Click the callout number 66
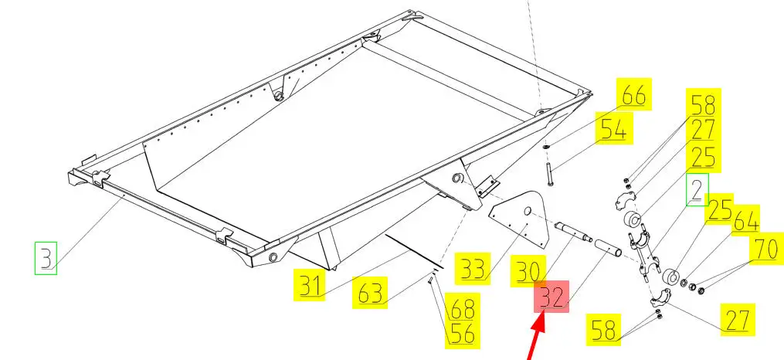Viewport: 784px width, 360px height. (x=633, y=94)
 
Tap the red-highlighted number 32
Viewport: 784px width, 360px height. (x=552, y=296)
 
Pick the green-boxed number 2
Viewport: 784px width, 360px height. (x=697, y=189)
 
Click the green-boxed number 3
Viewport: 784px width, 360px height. (x=46, y=258)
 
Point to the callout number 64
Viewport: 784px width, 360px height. (x=745, y=220)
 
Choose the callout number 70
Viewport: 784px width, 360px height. (x=765, y=248)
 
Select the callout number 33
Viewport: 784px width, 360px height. (x=473, y=269)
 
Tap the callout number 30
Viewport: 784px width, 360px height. (x=528, y=271)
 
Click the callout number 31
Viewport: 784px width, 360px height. (x=310, y=285)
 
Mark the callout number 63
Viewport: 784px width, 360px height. (x=369, y=293)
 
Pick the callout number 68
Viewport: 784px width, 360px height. (x=463, y=308)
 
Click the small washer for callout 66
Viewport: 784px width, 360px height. (x=547, y=147)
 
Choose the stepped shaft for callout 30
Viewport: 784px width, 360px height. (x=573, y=233)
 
